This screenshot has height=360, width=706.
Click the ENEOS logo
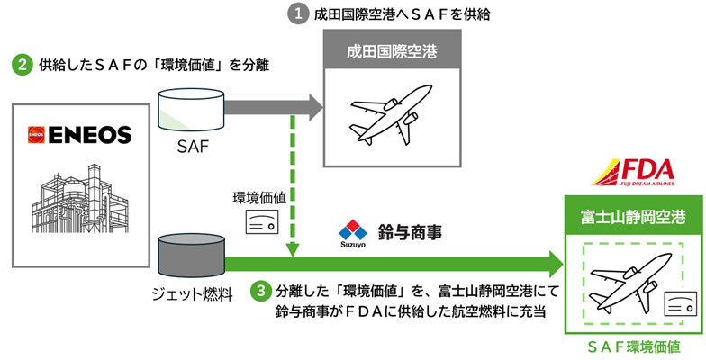click(x=79, y=135)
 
